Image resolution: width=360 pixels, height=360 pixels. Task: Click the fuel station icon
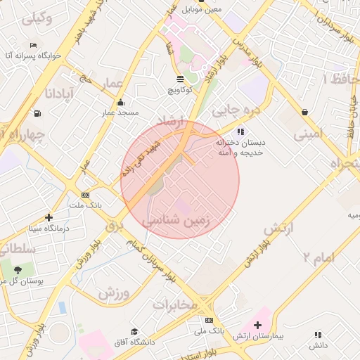(36, 113)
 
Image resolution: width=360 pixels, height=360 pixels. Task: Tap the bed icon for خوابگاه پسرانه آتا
(34, 45)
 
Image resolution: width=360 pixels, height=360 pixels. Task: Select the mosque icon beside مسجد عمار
(121, 103)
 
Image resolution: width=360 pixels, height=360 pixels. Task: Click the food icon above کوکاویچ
(181, 79)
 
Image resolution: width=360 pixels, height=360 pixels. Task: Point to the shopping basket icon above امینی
(304, 112)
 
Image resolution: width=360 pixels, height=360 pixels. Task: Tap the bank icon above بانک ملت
(85, 195)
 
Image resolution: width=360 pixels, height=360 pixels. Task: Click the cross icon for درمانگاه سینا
(49, 217)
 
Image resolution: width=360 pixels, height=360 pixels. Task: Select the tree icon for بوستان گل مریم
(17, 269)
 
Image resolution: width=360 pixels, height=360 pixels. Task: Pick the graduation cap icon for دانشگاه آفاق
(134, 331)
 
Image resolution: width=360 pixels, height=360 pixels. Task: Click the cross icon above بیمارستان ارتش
(258, 325)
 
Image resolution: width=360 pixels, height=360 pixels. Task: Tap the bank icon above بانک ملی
(210, 320)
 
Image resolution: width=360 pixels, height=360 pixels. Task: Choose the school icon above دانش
(318, 335)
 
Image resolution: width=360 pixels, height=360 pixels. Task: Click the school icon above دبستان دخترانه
(240, 131)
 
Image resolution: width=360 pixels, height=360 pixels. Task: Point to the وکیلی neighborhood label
(37, 19)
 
